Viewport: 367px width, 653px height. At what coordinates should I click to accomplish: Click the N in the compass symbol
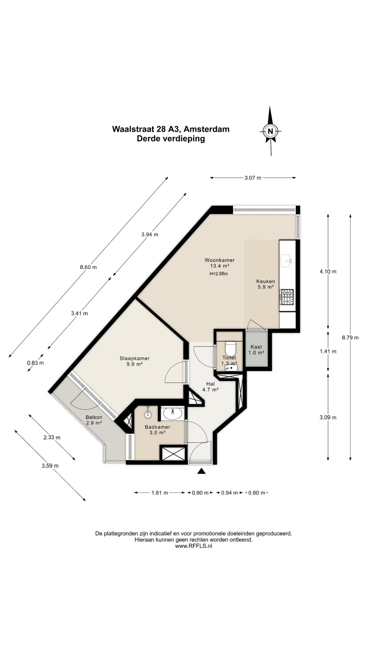tap(270, 132)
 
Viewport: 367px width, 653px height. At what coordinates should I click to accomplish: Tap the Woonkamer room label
tap(219, 260)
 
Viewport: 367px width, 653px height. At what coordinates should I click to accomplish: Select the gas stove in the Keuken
tap(287, 297)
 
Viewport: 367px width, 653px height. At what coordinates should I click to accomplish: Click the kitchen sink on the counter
tap(286, 261)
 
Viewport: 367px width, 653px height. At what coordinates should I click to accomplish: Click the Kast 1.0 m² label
tap(256, 350)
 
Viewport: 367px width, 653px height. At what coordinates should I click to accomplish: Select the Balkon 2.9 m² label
tap(94, 420)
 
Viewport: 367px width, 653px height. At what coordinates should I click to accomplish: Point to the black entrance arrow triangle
tap(201, 471)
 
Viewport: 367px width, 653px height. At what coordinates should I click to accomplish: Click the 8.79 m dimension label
tap(350, 338)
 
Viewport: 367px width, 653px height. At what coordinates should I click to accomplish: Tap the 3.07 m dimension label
tap(253, 178)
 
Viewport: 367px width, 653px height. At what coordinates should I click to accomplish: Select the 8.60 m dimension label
tap(88, 267)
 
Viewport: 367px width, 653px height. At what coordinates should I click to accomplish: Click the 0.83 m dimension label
tap(35, 363)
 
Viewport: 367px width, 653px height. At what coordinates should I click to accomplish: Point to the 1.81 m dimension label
tap(160, 493)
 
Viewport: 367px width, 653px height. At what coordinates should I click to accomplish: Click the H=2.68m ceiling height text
tap(219, 274)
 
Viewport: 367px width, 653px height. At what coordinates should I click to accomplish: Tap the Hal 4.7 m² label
tap(211, 387)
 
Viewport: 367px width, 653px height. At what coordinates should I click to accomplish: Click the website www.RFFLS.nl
tap(193, 546)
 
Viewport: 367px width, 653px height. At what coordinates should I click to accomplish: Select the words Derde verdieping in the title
tap(171, 139)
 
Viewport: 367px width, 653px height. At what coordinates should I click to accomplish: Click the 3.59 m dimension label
tap(50, 466)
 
